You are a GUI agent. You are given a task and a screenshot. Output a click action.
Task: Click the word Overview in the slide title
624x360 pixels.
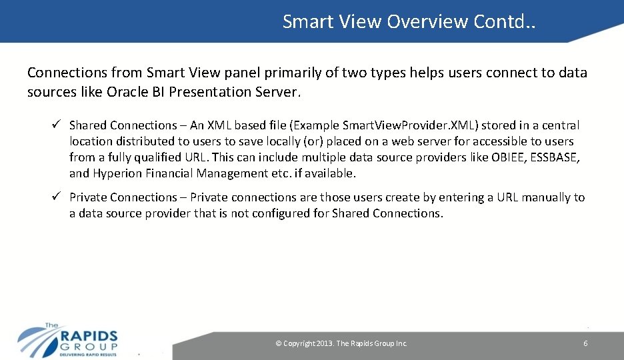pos(427,21)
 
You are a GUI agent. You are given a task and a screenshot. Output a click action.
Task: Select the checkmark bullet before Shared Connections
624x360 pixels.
pos(57,125)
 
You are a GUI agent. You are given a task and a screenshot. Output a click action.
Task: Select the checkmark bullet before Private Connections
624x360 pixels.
pos(57,197)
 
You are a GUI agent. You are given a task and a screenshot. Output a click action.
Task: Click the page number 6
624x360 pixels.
pos(585,343)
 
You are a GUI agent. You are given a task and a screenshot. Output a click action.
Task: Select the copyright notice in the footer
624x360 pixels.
pos(341,343)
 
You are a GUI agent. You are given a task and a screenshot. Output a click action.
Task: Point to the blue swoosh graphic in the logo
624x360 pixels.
pos(37,340)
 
